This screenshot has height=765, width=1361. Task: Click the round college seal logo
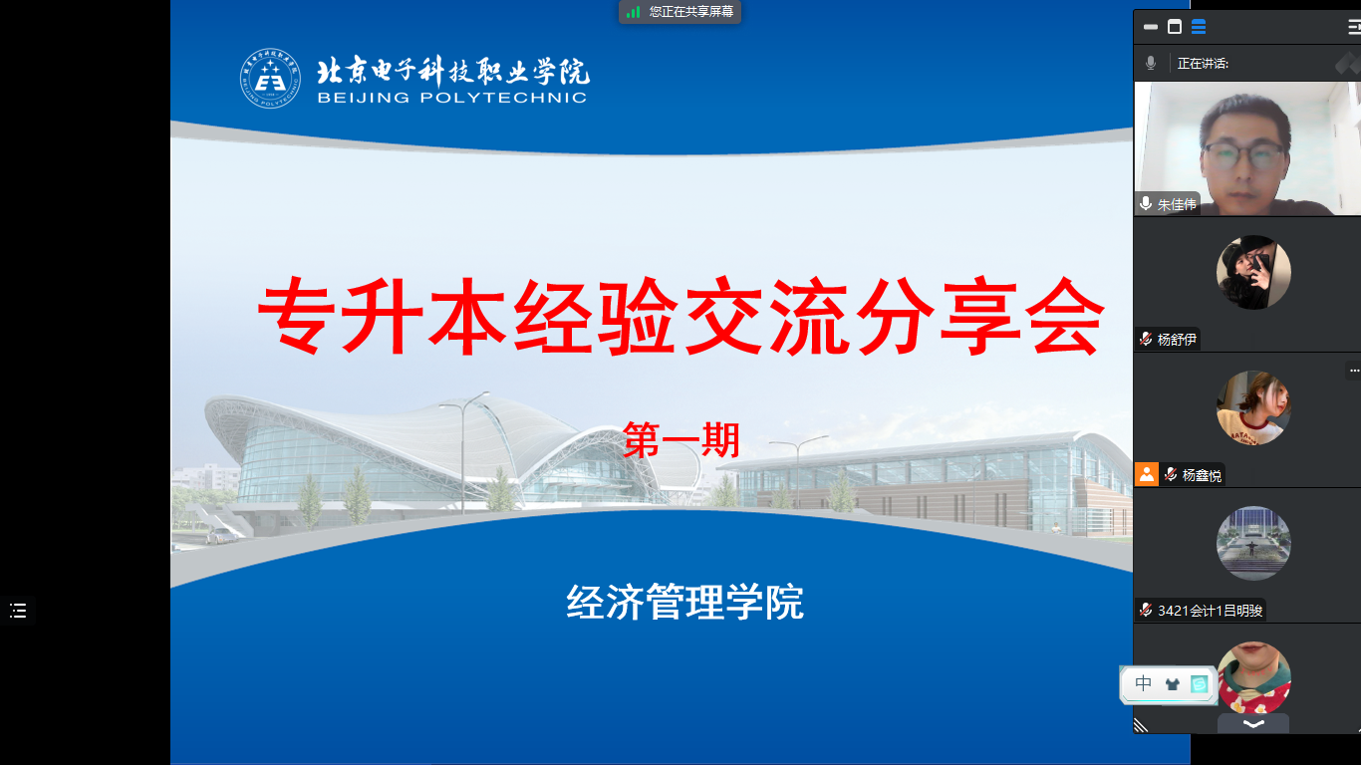point(270,79)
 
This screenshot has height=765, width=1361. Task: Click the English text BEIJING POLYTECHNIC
point(452,98)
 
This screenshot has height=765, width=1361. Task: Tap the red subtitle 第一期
point(681,439)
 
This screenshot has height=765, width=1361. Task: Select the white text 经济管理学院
point(684,602)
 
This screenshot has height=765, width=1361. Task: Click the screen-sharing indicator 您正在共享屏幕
point(690,12)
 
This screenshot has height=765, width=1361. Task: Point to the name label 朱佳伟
point(1177,204)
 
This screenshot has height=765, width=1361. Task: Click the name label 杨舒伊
point(1177,339)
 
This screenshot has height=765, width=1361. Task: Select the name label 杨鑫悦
point(1202,475)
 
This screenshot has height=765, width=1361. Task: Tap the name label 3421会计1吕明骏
point(1210,610)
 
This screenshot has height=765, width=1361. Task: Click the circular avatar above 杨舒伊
point(1253,272)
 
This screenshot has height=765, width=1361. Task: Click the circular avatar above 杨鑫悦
point(1253,407)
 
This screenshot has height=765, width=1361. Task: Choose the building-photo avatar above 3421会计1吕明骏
point(1253,543)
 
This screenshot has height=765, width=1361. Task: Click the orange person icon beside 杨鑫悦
point(1147,474)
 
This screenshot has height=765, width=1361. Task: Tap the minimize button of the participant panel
point(1150,27)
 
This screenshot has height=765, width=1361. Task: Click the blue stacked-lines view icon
point(1199,27)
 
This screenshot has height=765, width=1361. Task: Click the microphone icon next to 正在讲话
point(1150,63)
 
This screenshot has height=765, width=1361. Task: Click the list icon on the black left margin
point(18,611)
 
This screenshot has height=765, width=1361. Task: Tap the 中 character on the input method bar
point(1143,683)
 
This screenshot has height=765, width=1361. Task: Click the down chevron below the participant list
point(1253,723)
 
